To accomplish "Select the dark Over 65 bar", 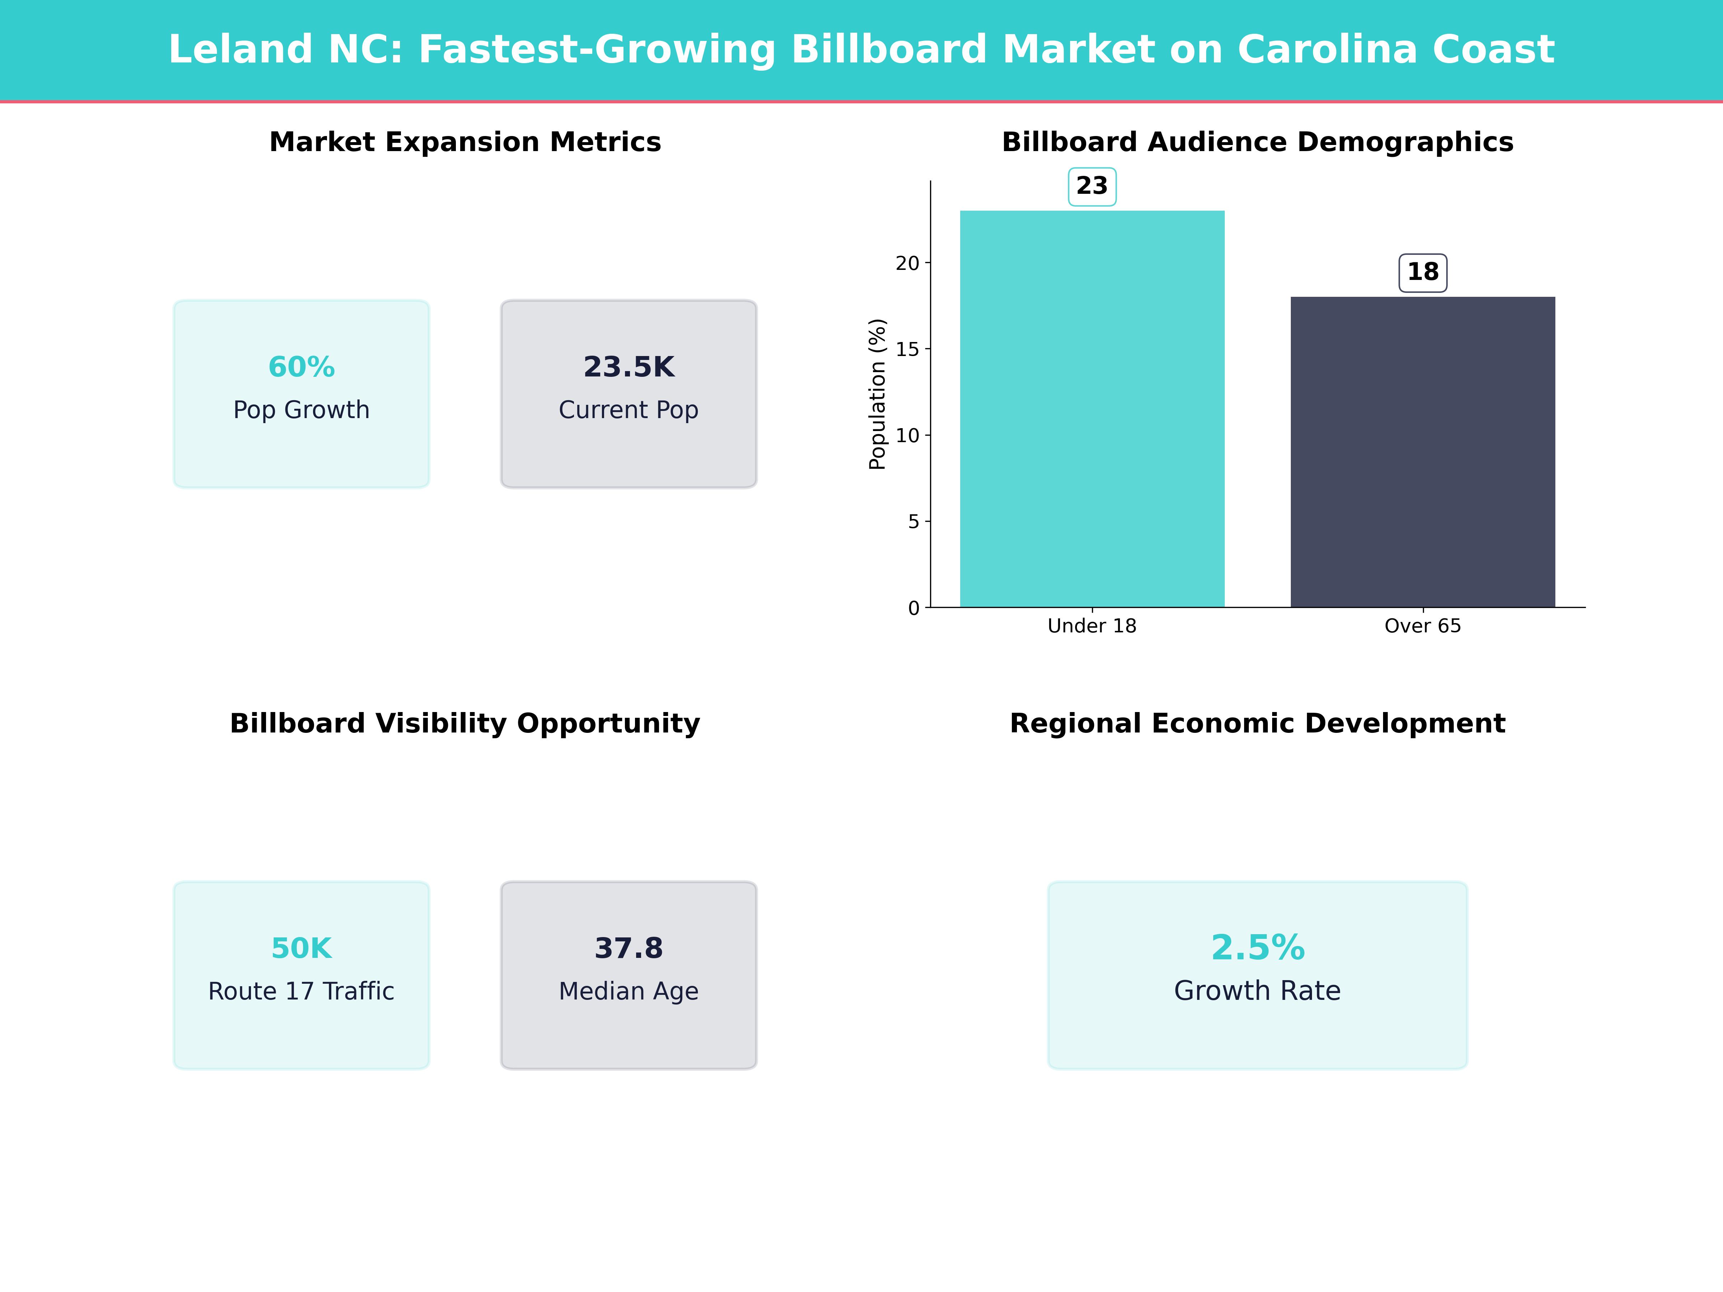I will coord(1422,452).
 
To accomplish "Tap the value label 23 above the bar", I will coord(1091,186).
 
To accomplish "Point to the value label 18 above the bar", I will coord(1422,272).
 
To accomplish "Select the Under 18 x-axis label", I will coord(1091,626).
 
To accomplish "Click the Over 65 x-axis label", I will coord(1422,626).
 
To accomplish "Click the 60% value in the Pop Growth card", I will coord(302,367).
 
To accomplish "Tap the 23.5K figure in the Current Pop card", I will coord(629,367).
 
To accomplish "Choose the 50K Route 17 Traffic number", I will coord(302,949).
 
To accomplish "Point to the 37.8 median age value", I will coord(629,949).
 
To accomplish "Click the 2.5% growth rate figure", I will coord(1257,948).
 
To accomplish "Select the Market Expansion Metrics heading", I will coord(465,142).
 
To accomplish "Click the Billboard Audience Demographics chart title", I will coord(1257,142).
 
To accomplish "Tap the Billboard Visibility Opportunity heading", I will coord(465,724).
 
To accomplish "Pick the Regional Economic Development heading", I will coord(1257,724).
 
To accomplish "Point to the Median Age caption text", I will coord(629,991).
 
